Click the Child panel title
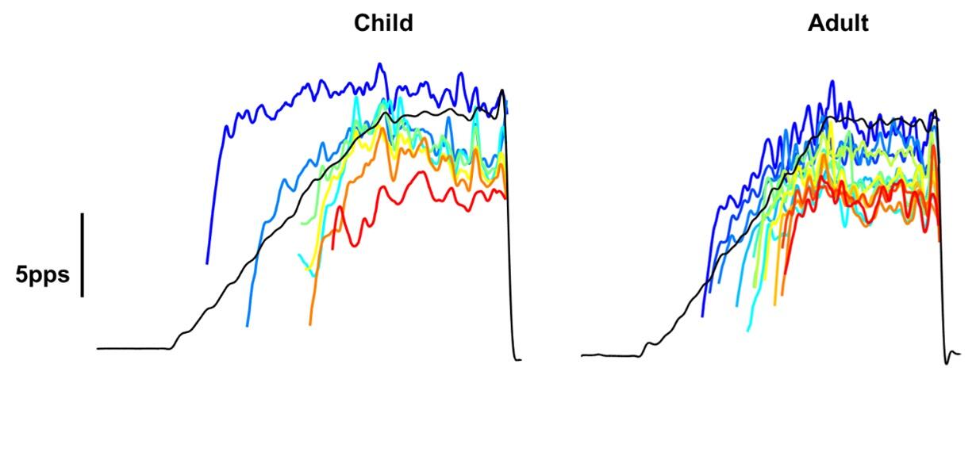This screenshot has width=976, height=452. tap(383, 24)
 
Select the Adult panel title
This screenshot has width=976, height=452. tap(837, 24)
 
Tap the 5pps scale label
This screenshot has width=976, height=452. tap(42, 275)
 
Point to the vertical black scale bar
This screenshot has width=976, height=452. tap(82, 254)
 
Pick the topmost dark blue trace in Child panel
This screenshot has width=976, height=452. tap(317, 87)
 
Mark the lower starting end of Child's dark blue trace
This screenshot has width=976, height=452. tap(207, 262)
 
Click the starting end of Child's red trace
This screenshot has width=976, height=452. tap(332, 249)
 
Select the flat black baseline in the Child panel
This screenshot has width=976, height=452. tap(131, 348)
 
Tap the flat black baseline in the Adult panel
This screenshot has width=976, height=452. tap(611, 355)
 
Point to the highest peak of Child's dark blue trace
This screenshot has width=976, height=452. tap(379, 65)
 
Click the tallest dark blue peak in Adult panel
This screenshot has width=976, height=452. tap(832, 81)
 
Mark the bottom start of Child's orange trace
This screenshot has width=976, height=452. tap(310, 324)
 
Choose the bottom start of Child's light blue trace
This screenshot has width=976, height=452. tap(248, 325)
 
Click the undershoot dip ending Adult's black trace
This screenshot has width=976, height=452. tap(947, 363)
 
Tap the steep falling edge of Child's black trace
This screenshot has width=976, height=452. tap(509, 238)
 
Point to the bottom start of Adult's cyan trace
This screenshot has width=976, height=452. tap(748, 330)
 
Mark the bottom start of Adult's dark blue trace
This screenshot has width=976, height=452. tap(702, 316)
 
